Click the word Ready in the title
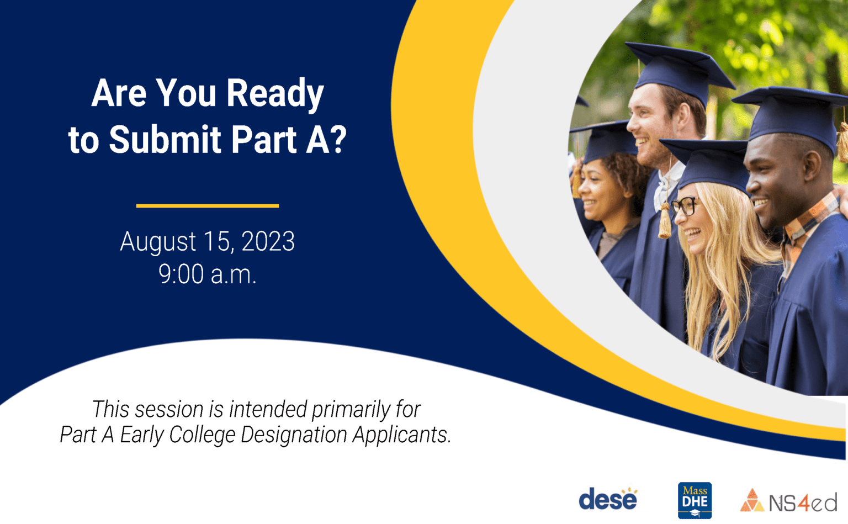[x=274, y=93]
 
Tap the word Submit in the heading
[x=165, y=139]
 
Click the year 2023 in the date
[x=268, y=241]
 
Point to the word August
[x=157, y=241]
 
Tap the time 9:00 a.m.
[x=208, y=274]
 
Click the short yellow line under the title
[x=208, y=206]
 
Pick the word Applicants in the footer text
[x=401, y=435]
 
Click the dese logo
[x=608, y=500]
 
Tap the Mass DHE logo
[x=695, y=500]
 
